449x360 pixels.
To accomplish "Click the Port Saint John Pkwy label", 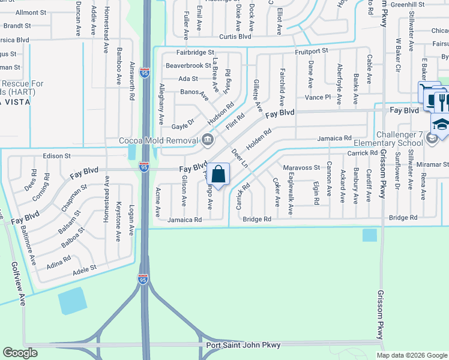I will click(243, 345).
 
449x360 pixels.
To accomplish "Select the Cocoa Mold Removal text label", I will click(158, 140).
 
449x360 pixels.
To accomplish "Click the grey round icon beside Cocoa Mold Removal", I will click(208, 140).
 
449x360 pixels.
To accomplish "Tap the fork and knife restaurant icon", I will click(442, 100).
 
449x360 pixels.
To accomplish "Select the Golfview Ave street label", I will click(18, 284).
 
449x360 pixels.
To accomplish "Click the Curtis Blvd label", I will click(235, 37).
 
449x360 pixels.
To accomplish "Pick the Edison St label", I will click(57, 156).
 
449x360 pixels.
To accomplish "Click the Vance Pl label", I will click(318, 97).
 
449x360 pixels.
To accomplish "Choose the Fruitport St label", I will click(311, 52).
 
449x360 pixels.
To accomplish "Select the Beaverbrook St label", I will click(188, 65).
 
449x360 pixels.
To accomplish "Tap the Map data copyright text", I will click(411, 355).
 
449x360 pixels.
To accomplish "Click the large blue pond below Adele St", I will click(72, 300).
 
